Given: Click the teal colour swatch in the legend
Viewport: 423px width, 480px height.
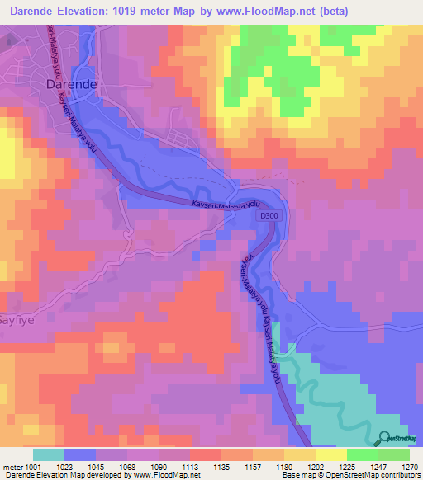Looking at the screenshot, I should tap(49, 454).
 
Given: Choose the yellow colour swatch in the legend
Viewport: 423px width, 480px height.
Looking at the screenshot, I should tap(330, 454).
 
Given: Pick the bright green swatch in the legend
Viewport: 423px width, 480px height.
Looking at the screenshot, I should tap(362, 454).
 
